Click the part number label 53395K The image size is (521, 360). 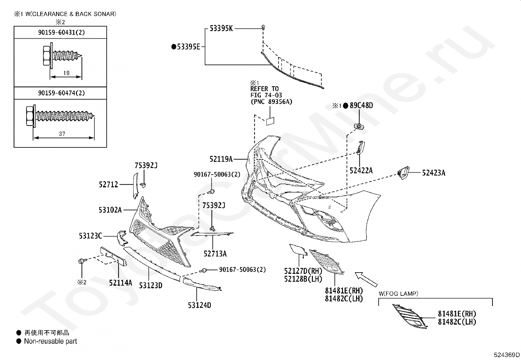pos(221,28)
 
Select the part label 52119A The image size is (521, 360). pos(221,159)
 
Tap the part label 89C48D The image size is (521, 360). pos(361,105)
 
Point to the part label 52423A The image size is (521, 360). pos(434,173)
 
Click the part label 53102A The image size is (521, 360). pos(110,210)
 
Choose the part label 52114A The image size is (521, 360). pos(120,283)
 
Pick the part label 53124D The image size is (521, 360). pos(200,305)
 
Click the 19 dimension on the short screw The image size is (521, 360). pos(66,73)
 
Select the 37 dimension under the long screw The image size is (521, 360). pos(62,134)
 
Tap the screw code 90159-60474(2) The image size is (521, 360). pos(62,93)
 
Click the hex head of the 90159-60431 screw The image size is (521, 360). pos(46,55)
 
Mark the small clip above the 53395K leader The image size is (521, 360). pos(263,28)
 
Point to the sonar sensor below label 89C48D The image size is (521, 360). pos(359,126)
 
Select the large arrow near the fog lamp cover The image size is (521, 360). pos(366,279)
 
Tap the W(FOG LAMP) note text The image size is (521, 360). pos(398,294)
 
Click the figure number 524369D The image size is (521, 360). pos(507,355)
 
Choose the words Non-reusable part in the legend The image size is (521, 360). pos(50,341)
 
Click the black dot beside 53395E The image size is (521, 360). pos(174,47)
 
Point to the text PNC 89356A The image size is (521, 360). pos(271,102)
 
